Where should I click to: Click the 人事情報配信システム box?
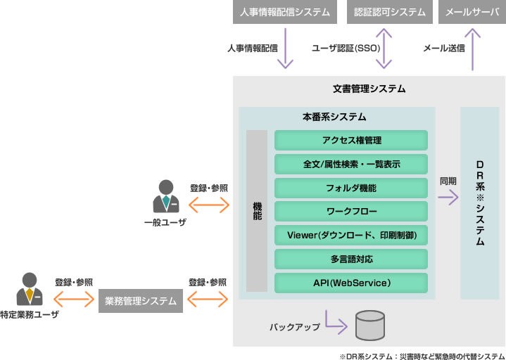[285, 12]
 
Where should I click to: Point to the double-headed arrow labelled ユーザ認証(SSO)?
[384, 49]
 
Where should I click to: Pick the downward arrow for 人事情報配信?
[285, 49]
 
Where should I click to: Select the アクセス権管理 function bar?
[350, 140]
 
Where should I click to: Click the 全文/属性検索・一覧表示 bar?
[350, 164]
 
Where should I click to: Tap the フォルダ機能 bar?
[350, 188]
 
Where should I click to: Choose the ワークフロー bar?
[350, 211]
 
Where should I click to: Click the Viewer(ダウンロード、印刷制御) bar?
[350, 235]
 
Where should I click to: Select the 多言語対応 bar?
[350, 259]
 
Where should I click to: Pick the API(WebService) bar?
[350, 283]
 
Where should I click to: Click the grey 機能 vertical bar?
[257, 211]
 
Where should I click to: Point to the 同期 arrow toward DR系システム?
[448, 198]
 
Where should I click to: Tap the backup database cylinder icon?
[370, 324]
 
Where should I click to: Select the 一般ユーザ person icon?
[165, 198]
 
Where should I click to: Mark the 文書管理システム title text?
[369, 89]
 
